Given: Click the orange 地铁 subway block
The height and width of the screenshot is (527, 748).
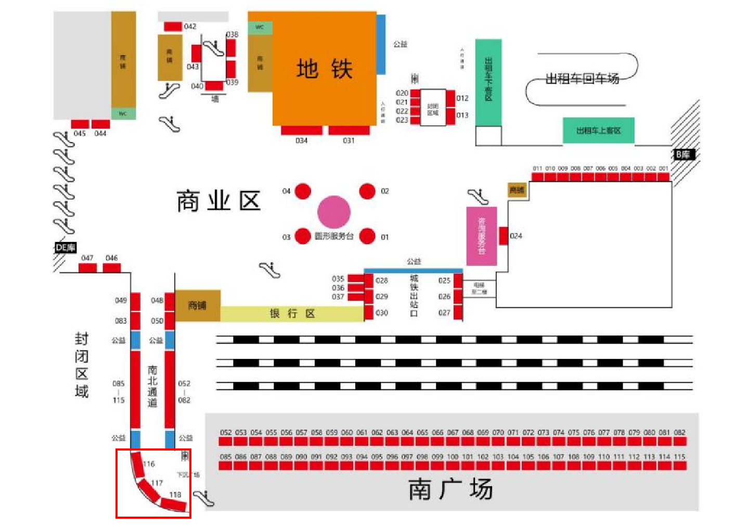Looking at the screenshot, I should tap(324, 68).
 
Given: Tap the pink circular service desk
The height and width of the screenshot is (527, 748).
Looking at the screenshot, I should tap(334, 212).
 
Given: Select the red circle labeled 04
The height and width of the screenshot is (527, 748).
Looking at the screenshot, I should tap(303, 191).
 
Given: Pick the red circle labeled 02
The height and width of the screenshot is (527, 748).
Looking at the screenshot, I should tap(367, 191).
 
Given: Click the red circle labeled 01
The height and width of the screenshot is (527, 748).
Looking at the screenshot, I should tap(367, 236).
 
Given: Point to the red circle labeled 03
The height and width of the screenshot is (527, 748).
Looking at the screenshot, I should tap(303, 236).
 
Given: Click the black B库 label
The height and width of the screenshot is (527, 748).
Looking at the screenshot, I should tap(683, 154).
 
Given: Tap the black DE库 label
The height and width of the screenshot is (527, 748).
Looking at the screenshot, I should tap(66, 248).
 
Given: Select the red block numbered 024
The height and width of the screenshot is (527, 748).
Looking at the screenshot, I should tap(503, 236).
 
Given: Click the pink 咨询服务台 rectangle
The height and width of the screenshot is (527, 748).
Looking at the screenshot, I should tap(481, 236).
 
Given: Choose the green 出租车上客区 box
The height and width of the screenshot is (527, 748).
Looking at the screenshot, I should tap(598, 131).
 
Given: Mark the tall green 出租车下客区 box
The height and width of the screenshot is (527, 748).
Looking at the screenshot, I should tap(488, 82).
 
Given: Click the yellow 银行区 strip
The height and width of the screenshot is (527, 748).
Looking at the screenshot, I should tap(292, 314).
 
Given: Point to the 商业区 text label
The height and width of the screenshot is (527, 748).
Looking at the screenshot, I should tap(218, 201).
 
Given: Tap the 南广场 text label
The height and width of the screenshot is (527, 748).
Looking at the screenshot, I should tap(450, 489).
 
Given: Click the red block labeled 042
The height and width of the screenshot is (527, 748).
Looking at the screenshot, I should tap(173, 27).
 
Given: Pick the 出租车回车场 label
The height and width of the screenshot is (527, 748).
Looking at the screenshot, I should tap(582, 79).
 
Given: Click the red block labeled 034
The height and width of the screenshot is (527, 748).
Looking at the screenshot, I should tap(302, 130).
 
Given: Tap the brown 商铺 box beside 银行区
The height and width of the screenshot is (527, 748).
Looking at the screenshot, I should tap(198, 305).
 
